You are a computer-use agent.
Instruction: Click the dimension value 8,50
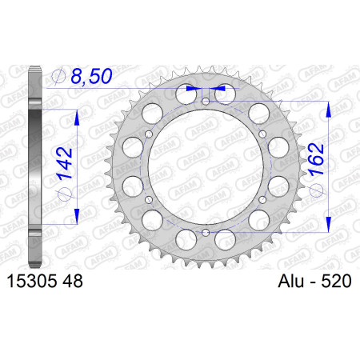click(91, 76)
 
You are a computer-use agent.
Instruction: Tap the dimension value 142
click(65, 162)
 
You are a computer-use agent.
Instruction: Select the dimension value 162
click(316, 159)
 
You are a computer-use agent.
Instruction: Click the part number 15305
click(32, 281)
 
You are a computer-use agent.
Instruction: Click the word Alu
click(291, 281)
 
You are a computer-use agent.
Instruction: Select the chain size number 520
click(336, 281)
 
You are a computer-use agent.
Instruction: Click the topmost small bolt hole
click(206, 102)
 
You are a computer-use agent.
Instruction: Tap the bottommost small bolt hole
click(206, 233)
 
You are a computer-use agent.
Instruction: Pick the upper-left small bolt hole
click(149, 134)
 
